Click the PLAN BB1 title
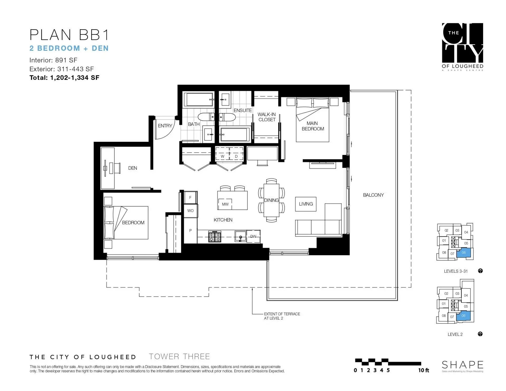(x=69, y=35)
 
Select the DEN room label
(x=132, y=168)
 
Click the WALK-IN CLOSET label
(x=267, y=117)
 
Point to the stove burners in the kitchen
(x=215, y=236)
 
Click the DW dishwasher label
(x=253, y=236)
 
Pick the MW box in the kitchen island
(x=225, y=204)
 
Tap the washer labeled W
(x=222, y=156)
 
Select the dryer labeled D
(x=236, y=156)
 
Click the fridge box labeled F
(x=190, y=197)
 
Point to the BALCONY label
(x=373, y=195)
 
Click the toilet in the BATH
(x=206, y=117)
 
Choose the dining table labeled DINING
(x=271, y=200)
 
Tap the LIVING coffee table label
(x=306, y=204)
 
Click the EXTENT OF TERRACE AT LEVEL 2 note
(x=282, y=316)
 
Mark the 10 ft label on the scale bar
(x=424, y=370)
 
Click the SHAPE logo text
(x=463, y=365)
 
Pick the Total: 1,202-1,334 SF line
(x=64, y=78)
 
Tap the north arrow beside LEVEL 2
(x=480, y=334)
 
